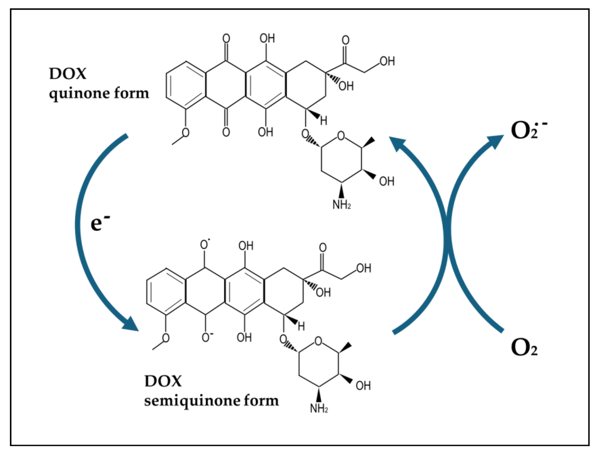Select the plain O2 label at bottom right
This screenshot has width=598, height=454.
pyautogui.click(x=524, y=347)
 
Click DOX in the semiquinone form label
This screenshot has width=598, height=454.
pyautogui.click(x=163, y=381)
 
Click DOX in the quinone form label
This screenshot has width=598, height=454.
pyautogui.click(x=68, y=74)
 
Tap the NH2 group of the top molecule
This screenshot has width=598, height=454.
pyautogui.click(x=341, y=205)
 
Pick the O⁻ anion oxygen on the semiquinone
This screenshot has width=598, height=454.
pyautogui.click(x=207, y=337)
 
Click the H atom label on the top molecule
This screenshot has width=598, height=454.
pyautogui.click(x=324, y=121)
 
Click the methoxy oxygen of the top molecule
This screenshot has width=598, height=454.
pyautogui.click(x=185, y=133)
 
